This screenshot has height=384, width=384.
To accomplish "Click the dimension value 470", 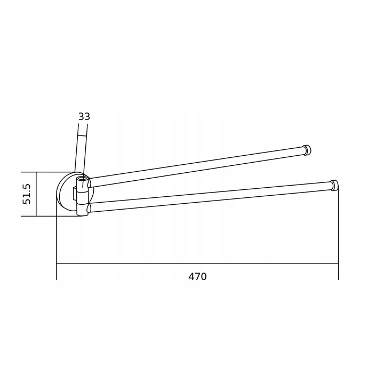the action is pos(197,276).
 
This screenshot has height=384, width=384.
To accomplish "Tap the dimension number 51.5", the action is pos(27,194).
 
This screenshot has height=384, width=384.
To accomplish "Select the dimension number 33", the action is pos(84,117).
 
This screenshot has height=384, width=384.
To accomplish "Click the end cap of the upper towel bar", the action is pos(307,150).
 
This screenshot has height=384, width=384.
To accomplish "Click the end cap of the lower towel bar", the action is pos(334,186).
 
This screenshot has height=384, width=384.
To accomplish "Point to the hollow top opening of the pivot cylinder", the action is pos(82,178).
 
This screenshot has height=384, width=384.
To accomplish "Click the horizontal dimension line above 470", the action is pos(197,263).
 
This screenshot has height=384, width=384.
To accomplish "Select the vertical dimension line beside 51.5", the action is pos(36,194).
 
